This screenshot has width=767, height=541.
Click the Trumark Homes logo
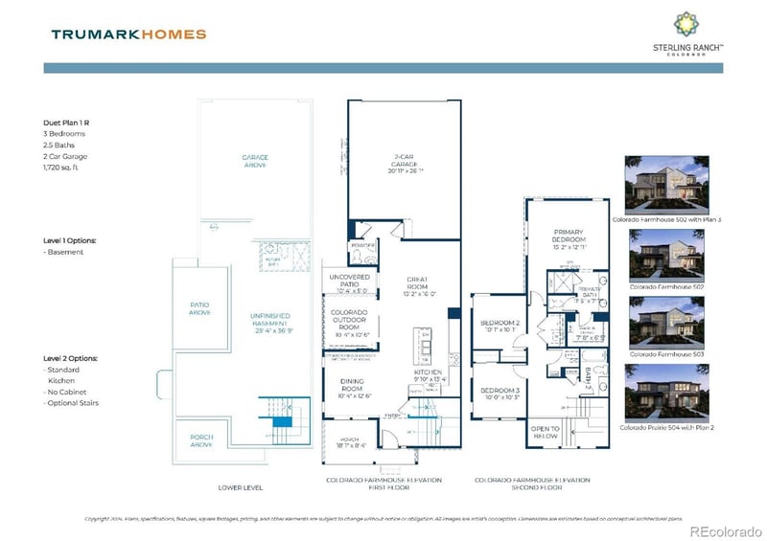tap(128, 34)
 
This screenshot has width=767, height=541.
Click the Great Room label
tap(416, 286)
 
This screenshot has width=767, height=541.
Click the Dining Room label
tap(350, 388)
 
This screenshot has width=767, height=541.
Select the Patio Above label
tap(199, 308)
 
